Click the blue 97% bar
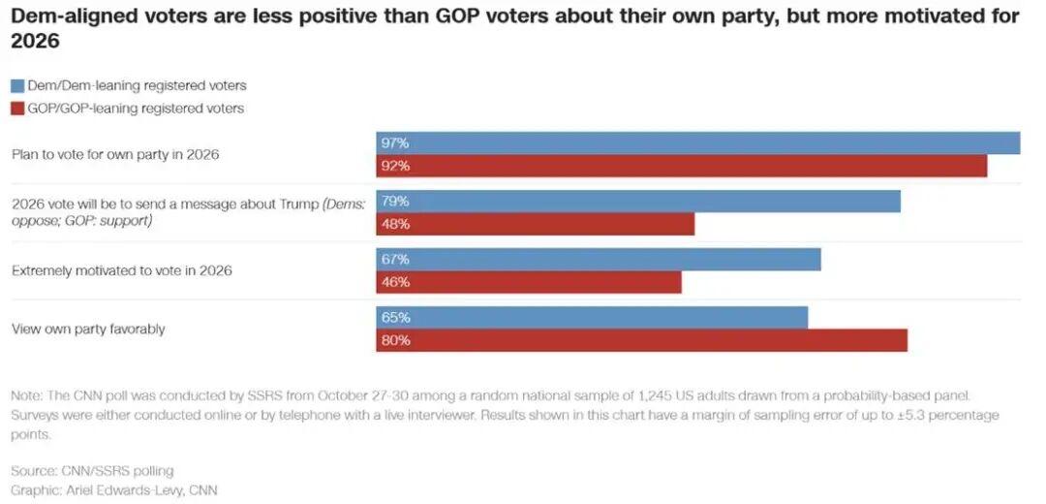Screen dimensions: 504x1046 click(697, 142)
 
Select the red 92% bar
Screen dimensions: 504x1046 click(681, 166)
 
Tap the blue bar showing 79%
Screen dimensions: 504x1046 click(637, 202)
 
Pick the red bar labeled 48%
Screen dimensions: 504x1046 click(535, 224)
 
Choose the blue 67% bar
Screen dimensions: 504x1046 click(598, 260)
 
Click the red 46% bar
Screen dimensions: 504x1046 click(528, 282)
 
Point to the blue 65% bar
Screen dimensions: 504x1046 click(591, 318)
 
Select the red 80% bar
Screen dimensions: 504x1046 click(641, 340)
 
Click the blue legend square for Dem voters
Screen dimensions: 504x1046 click(16, 85)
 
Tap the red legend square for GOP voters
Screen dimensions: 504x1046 click(16, 109)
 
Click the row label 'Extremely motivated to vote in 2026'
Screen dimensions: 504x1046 click(122, 271)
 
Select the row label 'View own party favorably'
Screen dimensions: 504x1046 click(88, 330)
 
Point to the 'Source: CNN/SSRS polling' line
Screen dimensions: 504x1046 click(93, 471)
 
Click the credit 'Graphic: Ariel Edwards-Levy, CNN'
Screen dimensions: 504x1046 click(114, 490)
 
